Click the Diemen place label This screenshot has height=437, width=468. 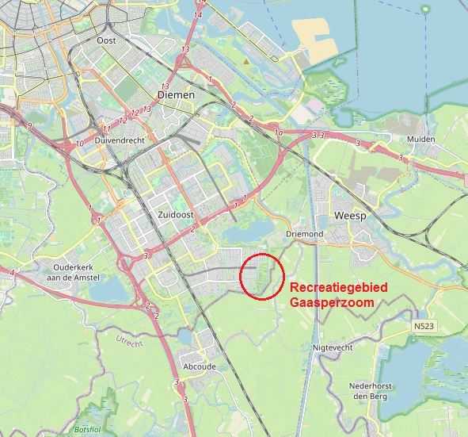[176, 94]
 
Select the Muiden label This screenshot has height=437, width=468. [420, 139]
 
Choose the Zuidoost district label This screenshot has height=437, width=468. [166, 214]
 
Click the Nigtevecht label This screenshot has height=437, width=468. [332, 347]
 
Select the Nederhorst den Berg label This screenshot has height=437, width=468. [371, 391]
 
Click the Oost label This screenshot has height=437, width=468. [105, 40]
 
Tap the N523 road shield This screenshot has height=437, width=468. [424, 325]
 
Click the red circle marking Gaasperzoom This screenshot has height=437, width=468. [261, 276]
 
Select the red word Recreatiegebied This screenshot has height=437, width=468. [337, 288]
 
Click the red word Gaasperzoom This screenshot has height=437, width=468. [332, 302]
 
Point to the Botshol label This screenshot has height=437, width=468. [86, 429]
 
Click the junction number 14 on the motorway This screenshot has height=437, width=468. [198, 14]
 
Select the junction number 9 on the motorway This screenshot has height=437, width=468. [29, 126]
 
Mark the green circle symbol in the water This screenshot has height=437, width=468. [425, 9]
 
